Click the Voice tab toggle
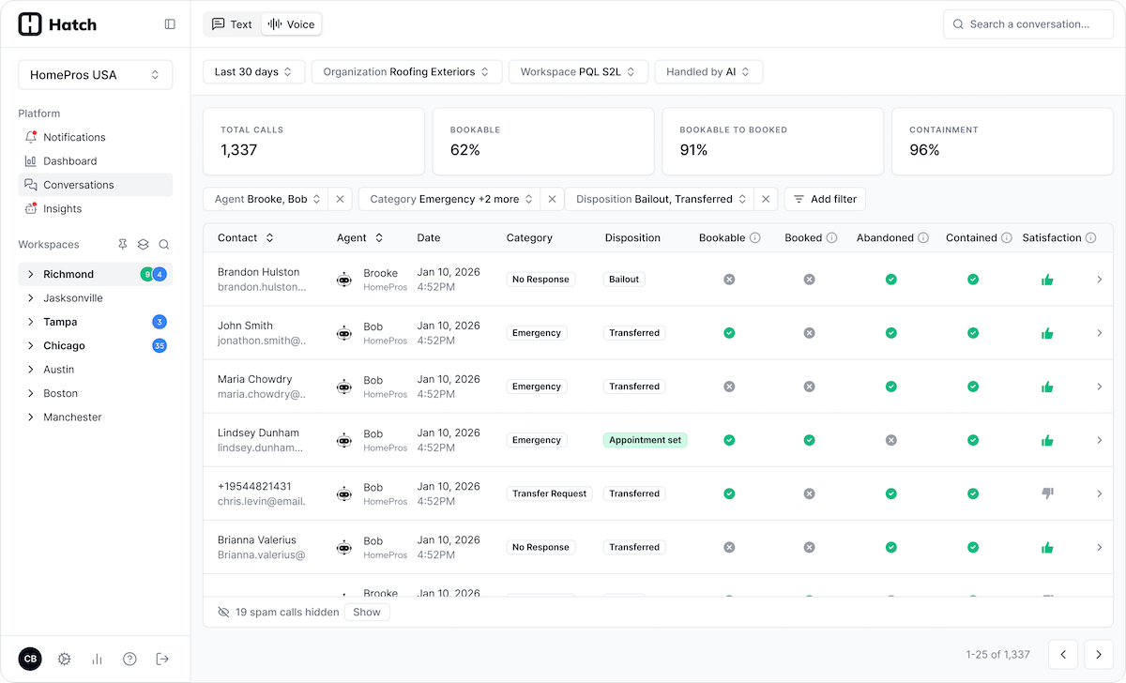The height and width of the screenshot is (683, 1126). click(x=292, y=24)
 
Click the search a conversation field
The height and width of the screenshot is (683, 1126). click(x=1028, y=24)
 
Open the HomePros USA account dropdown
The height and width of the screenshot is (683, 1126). click(x=95, y=75)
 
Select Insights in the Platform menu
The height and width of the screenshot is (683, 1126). click(x=62, y=209)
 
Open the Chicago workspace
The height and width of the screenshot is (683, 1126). click(x=64, y=346)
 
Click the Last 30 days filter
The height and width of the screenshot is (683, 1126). click(x=253, y=72)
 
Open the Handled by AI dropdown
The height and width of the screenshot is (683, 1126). click(x=708, y=72)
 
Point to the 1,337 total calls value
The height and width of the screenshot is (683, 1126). click(x=239, y=150)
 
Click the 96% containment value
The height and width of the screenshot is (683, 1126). click(x=924, y=150)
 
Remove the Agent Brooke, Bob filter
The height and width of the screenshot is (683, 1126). click(x=341, y=199)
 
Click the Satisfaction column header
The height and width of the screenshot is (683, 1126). click(x=1051, y=238)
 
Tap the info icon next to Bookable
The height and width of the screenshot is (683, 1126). click(x=755, y=238)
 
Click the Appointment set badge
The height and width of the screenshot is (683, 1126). click(x=645, y=440)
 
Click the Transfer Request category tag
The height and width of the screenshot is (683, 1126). click(x=549, y=493)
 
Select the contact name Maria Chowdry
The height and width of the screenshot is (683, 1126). click(x=254, y=380)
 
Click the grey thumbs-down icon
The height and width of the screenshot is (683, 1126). click(x=1047, y=493)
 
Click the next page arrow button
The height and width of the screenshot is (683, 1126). click(x=1099, y=654)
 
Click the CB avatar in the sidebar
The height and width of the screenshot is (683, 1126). click(x=30, y=659)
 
